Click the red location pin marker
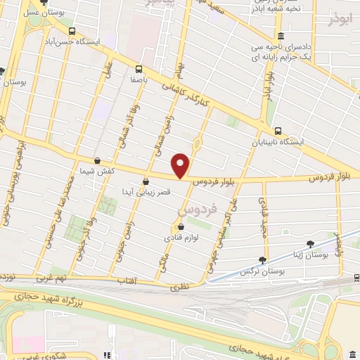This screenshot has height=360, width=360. click(181, 165)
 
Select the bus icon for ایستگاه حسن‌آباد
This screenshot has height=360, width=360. click(72, 31)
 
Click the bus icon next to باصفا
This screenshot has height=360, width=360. click(138, 69)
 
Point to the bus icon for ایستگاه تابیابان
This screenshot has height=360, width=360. click(278, 131)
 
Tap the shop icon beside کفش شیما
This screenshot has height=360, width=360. click(97, 161)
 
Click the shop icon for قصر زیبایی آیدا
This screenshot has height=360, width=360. click(146, 181)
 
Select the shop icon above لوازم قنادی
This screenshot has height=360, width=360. click(181, 226)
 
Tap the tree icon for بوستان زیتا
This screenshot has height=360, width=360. click(310, 243)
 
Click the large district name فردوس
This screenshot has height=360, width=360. click(194, 209)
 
